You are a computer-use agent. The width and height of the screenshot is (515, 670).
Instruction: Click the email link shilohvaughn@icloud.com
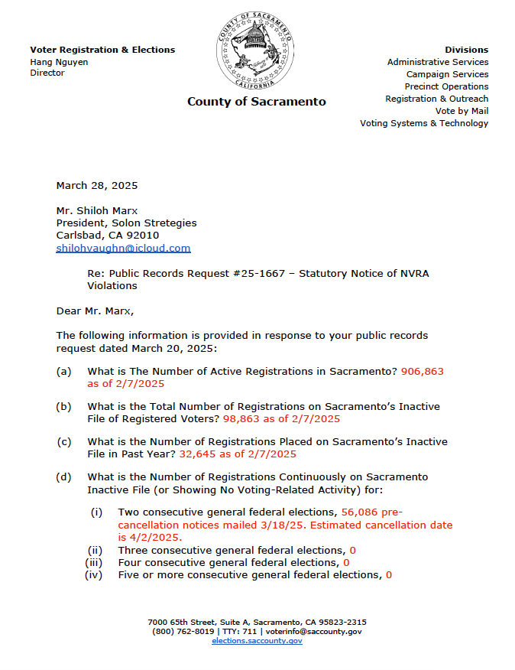click(x=123, y=249)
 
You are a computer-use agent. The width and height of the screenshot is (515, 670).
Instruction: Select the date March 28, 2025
click(x=97, y=186)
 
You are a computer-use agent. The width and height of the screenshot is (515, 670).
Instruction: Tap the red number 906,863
click(x=422, y=371)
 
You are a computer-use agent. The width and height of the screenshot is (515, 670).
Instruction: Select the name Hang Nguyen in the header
click(x=59, y=62)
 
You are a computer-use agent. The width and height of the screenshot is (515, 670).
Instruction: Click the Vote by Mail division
click(x=462, y=111)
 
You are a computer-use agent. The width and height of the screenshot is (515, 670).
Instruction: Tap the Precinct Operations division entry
click(x=446, y=86)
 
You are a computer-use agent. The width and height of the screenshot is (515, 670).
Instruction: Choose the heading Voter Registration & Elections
click(x=102, y=50)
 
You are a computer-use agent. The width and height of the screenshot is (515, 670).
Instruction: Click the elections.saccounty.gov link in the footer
click(x=257, y=641)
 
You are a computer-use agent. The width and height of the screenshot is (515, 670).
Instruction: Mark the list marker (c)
click(x=64, y=442)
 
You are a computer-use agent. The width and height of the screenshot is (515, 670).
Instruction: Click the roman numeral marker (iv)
click(x=93, y=575)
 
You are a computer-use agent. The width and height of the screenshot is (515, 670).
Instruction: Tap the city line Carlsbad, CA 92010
click(x=108, y=236)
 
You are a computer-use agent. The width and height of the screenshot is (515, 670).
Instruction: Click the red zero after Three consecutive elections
click(x=352, y=551)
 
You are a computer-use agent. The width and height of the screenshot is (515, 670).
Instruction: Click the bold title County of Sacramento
click(x=257, y=102)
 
